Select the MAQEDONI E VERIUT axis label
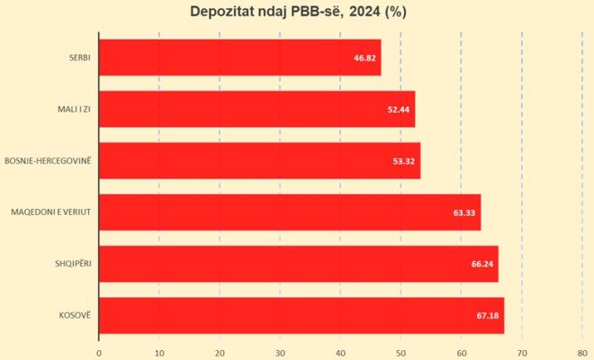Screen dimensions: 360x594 coord(50,212)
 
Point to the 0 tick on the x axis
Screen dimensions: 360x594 coord(99,352)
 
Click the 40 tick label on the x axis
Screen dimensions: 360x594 coord(340,352)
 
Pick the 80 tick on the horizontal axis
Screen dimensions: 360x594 coord(582,352)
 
